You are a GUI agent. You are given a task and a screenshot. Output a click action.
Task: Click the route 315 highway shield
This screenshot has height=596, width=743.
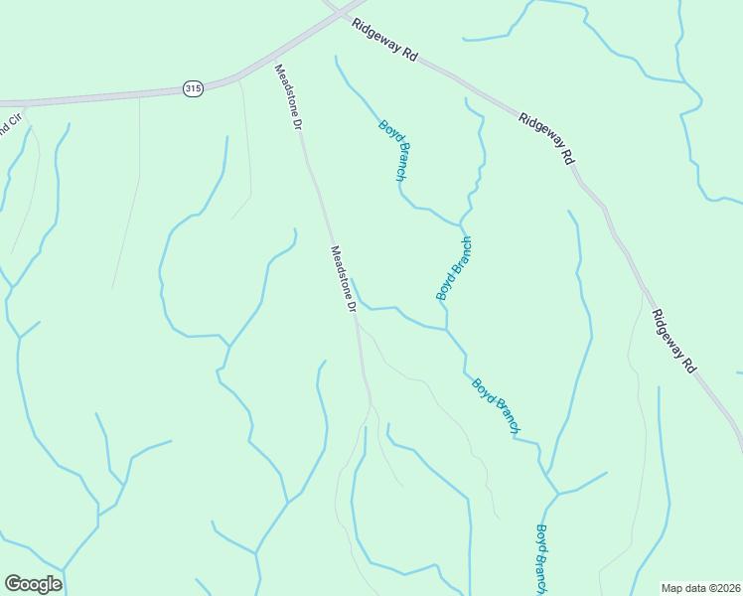click(193, 88)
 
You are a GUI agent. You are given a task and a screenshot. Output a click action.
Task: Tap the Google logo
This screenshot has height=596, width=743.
click(33, 584)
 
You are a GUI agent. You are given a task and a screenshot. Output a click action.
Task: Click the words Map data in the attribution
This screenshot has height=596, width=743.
click(684, 587)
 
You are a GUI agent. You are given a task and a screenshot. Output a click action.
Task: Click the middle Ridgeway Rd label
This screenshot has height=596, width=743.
click(547, 138)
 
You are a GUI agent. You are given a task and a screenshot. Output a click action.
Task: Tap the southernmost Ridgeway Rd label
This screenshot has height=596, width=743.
click(675, 341)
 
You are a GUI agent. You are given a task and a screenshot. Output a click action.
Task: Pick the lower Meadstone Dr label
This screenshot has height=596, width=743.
click(343, 280)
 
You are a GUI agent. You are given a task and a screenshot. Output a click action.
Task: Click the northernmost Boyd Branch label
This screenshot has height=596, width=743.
click(392, 150)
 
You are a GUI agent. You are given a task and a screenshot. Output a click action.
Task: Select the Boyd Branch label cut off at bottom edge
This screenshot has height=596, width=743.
click(542, 558)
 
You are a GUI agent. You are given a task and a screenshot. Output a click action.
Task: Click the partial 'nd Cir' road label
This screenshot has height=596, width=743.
click(10, 130)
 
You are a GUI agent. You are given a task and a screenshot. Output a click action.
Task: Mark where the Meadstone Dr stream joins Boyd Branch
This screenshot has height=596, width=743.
click(445, 329)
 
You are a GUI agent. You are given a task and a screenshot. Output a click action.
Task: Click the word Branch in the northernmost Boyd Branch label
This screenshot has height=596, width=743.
click(399, 162)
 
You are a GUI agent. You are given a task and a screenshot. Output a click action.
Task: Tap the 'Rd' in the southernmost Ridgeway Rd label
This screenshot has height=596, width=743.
click(689, 365)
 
